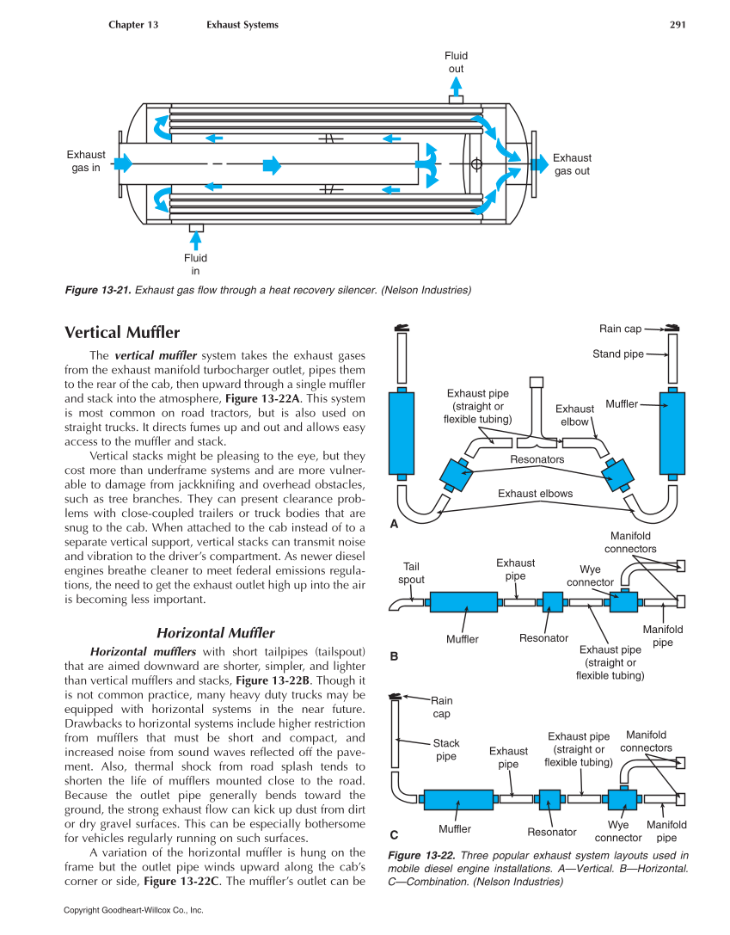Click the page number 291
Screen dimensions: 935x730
click(x=677, y=25)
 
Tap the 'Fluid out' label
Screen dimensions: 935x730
click(x=456, y=63)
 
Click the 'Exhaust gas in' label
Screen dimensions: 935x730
click(x=86, y=161)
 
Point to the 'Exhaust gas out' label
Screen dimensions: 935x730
click(x=572, y=164)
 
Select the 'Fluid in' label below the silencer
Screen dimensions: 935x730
click(x=195, y=264)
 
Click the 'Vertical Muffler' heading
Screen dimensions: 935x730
click(x=122, y=332)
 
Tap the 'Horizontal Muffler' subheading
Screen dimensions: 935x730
click(x=215, y=633)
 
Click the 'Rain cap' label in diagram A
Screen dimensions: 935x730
click(x=620, y=329)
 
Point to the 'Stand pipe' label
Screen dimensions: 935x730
click(x=617, y=354)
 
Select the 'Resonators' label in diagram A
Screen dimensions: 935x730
click(x=537, y=459)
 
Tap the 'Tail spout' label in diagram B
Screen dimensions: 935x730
click(x=411, y=573)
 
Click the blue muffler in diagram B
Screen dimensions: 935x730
click(x=463, y=602)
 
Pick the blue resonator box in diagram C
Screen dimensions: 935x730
click(x=549, y=800)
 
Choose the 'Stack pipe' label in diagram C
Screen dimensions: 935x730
click(x=445, y=749)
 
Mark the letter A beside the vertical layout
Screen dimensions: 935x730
click(x=395, y=524)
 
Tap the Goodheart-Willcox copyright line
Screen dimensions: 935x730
click(x=133, y=910)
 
